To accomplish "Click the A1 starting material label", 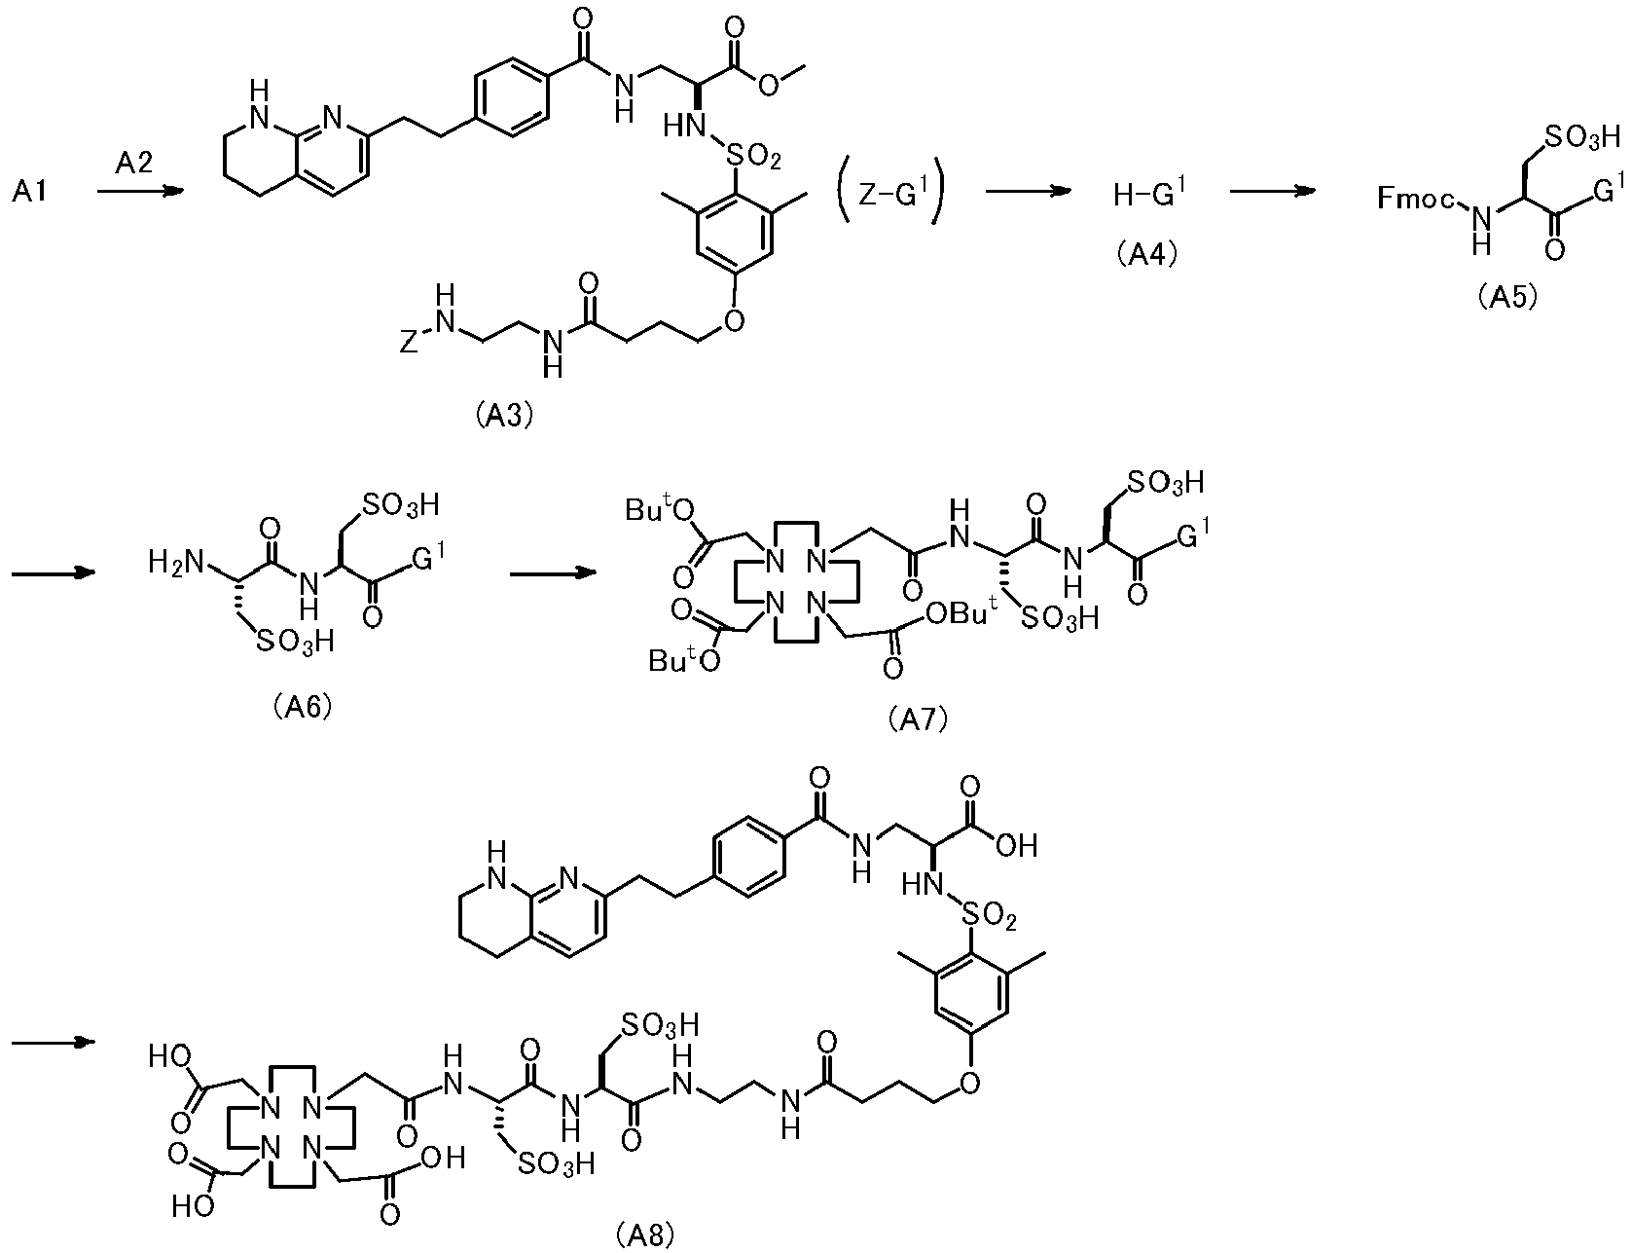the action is (31, 193).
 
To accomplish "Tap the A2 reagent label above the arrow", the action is (135, 165).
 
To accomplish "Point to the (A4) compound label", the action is (1147, 256).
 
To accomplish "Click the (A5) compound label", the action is (1506, 298).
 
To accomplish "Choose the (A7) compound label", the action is (918, 721).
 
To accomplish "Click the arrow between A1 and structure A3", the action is (141, 192).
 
